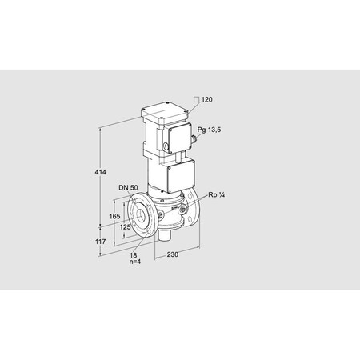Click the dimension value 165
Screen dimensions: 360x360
115,216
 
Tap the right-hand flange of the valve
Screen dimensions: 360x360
193,211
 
